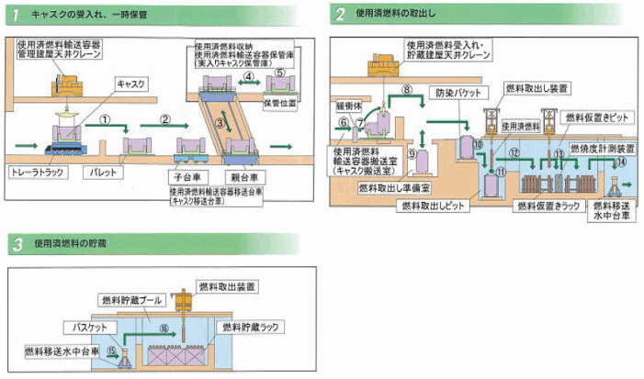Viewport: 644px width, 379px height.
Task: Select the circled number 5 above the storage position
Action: [281, 72]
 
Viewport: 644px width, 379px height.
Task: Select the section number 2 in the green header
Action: [340, 14]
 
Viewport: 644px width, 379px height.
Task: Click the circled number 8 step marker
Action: [408, 89]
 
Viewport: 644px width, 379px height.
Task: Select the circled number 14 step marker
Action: [622, 162]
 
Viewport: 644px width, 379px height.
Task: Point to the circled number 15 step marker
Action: [111, 349]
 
